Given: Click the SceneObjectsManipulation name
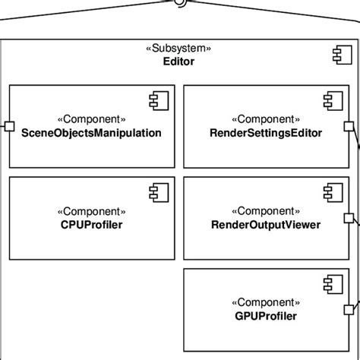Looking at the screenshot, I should click(91, 133).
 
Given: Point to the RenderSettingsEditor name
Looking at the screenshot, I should click(266, 133).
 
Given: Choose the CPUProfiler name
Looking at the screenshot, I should click(91, 225).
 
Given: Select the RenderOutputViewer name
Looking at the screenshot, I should click(266, 225).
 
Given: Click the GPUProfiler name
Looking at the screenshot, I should click(266, 316).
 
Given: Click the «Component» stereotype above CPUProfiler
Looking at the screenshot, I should click(91, 211).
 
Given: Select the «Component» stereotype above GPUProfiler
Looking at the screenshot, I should click(266, 302).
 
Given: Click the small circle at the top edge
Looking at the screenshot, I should click(180, 2).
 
